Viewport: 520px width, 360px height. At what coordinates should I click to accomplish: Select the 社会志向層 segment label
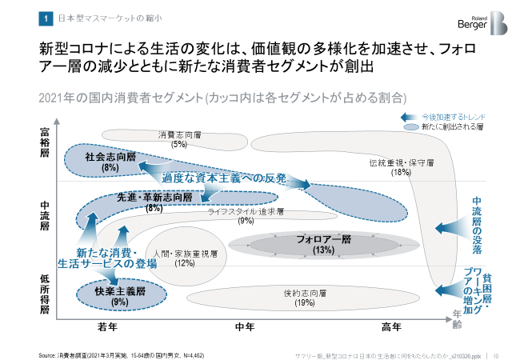pyautogui.click(x=110, y=158)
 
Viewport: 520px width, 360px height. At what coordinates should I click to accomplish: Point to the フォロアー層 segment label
pyautogui.click(x=323, y=240)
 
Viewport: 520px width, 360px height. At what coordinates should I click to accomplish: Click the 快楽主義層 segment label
pyautogui.click(x=120, y=291)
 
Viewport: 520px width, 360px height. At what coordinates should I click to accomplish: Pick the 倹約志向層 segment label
pyautogui.click(x=305, y=294)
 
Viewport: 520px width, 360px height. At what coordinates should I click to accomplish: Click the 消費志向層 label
pyautogui.click(x=179, y=134)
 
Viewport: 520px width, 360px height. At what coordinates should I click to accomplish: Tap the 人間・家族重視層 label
pyautogui.click(x=185, y=254)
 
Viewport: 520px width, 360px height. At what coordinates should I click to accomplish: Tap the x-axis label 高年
pyautogui.click(x=391, y=326)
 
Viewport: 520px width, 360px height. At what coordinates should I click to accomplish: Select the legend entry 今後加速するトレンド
pyautogui.click(x=452, y=116)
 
